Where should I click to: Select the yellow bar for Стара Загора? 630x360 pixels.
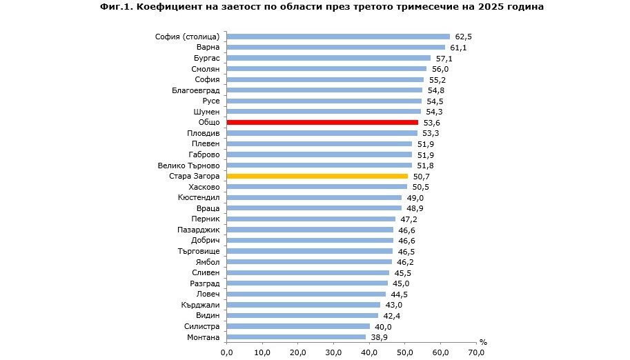(317, 176)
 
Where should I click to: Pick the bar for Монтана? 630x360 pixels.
(296, 337)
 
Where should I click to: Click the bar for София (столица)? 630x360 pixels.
(338, 37)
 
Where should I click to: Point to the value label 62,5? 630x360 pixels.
(462, 37)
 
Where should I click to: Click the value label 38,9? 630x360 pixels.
(378, 337)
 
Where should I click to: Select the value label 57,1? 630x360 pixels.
(443, 58)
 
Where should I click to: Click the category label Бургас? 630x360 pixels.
(206, 58)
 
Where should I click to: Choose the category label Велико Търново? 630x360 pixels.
(188, 166)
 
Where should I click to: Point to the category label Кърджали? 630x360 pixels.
(201, 305)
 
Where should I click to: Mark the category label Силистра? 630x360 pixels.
(202, 326)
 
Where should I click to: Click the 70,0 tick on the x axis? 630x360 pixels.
(476, 352)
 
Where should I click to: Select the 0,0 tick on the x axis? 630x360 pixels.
(226, 352)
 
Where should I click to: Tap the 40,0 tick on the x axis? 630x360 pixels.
(369, 352)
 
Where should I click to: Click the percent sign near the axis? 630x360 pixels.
(483, 342)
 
